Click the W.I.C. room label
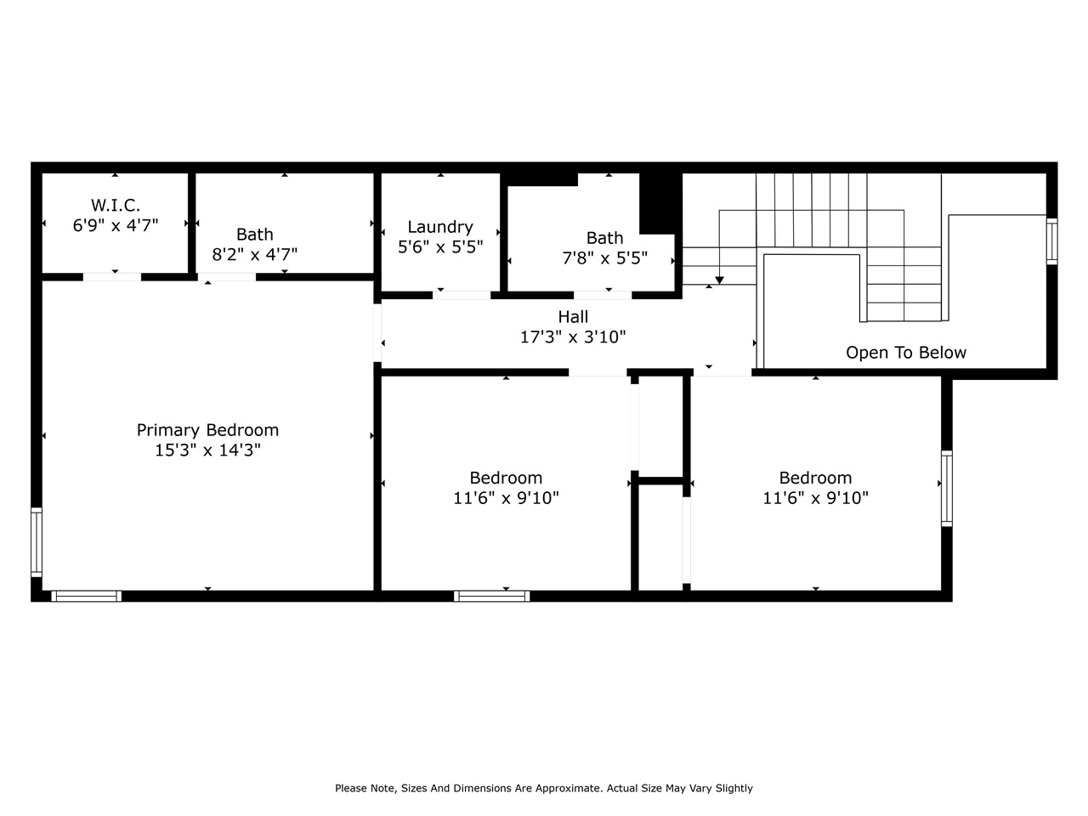pyautogui.click(x=116, y=205)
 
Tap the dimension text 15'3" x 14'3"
pyautogui.click(x=207, y=450)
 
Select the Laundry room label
pyautogui.click(x=440, y=227)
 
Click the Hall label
pyautogui.click(x=573, y=317)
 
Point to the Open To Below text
pyautogui.click(x=906, y=353)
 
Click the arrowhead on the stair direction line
pyautogui.click(x=719, y=280)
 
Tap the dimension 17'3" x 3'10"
pyautogui.click(x=573, y=337)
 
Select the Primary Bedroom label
pyautogui.click(x=207, y=430)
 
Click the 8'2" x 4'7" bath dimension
pyautogui.click(x=255, y=254)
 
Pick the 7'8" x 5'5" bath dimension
pyautogui.click(x=605, y=258)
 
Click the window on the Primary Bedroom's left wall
pyautogui.click(x=37, y=541)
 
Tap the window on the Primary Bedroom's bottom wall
pyautogui.click(x=86, y=596)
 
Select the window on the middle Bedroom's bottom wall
pyautogui.click(x=492, y=596)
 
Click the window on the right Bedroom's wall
pyautogui.click(x=946, y=489)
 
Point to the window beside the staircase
pyautogui.click(x=1051, y=241)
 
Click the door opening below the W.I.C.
pyautogui.click(x=112, y=276)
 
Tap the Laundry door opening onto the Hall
pyautogui.click(x=462, y=295)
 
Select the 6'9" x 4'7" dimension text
pyautogui.click(x=116, y=225)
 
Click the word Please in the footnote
pyautogui.click(x=351, y=788)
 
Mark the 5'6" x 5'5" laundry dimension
pyautogui.click(x=440, y=247)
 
